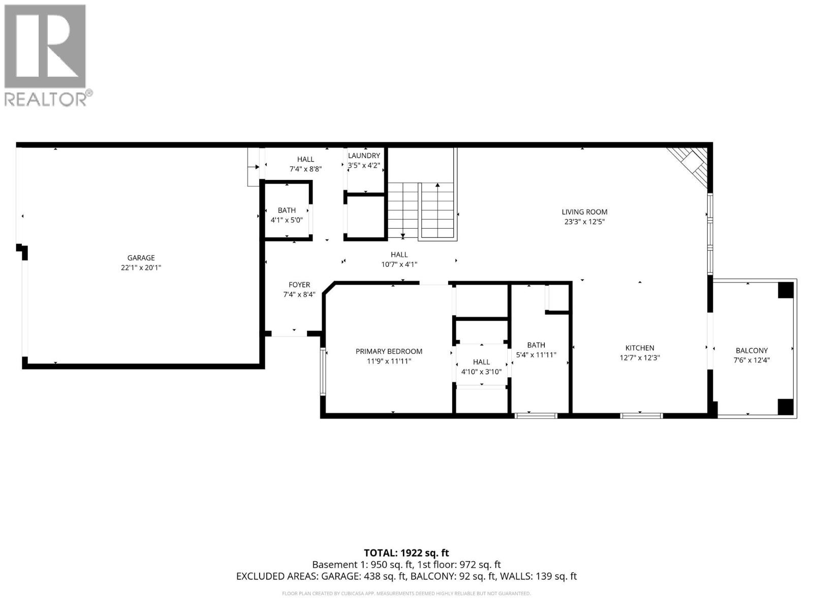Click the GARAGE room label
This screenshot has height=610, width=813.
click(141, 258)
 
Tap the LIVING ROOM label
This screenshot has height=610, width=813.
click(584, 212)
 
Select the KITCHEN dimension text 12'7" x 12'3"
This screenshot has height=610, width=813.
click(639, 357)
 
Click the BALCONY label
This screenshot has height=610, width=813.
click(752, 350)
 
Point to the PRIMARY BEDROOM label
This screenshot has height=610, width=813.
click(389, 351)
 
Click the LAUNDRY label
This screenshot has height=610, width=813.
click(364, 156)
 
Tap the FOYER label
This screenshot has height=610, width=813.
click(299, 285)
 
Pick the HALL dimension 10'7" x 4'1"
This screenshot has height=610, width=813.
click(399, 264)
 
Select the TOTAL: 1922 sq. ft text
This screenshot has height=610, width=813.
click(406, 553)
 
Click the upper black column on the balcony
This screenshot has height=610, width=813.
click(786, 290)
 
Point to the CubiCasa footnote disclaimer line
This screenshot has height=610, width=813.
click(406, 593)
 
